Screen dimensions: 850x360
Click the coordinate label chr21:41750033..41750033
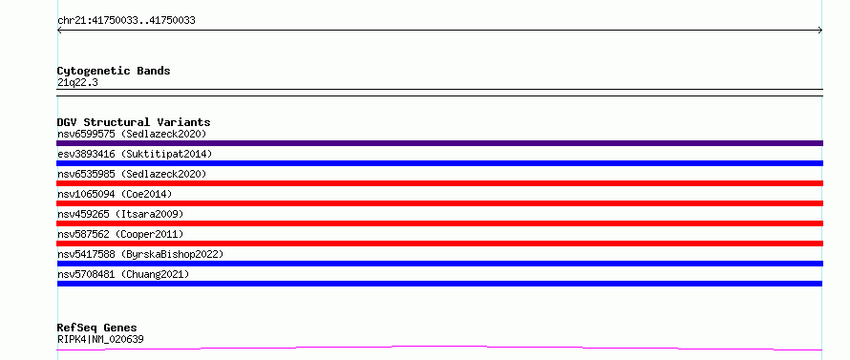(126, 21)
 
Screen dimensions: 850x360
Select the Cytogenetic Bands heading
(114, 71)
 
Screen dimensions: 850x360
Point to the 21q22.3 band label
(77, 83)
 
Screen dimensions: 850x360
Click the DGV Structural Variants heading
(134, 122)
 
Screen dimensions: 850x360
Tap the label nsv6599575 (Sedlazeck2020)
(132, 134)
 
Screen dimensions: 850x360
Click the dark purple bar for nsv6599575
(439, 143)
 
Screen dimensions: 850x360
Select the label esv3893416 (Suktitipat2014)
(135, 154)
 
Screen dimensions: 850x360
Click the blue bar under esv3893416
(439, 163)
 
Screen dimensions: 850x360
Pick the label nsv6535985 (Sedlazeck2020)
(132, 174)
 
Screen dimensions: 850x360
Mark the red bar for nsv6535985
(439, 183)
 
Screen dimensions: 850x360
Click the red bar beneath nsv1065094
(439, 203)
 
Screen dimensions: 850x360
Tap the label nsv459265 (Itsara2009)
(120, 214)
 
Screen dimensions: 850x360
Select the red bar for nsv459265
(439, 223)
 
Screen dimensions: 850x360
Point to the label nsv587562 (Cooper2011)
(120, 234)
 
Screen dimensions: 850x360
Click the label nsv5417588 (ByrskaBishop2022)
(140, 254)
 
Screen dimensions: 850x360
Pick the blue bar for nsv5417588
(439, 264)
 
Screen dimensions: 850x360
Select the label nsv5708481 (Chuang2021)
(123, 274)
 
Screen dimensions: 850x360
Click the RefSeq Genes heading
(97, 328)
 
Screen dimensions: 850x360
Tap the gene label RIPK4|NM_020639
(100, 339)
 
